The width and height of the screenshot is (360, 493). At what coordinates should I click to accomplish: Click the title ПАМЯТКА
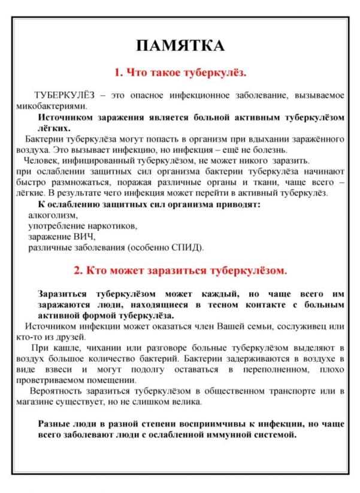[x=180, y=47]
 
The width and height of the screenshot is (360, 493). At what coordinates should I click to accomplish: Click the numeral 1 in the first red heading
[x=117, y=72]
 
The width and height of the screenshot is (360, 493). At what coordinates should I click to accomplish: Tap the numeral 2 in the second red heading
[x=77, y=270]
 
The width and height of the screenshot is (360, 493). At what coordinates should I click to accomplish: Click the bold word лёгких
[x=53, y=128]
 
